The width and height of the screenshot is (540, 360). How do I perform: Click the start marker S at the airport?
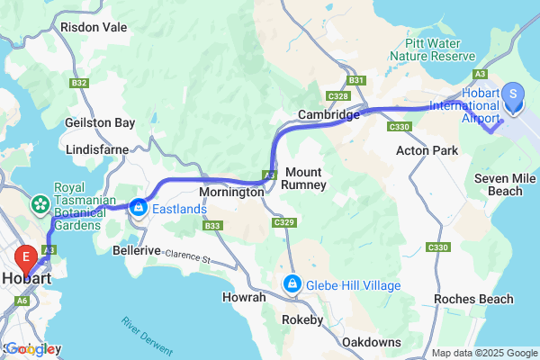pyautogui.click(x=513, y=94)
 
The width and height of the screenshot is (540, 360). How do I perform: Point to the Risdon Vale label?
pyautogui.click(x=94, y=27)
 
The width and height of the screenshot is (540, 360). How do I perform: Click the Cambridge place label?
pyautogui.click(x=329, y=115)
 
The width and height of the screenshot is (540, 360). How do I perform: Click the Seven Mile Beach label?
pyautogui.click(x=498, y=185)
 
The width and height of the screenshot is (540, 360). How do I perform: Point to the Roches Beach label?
pyautogui.click(x=472, y=299)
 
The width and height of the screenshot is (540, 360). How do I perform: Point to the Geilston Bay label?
pyautogui.click(x=100, y=122)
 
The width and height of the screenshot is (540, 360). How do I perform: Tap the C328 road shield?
pyautogui.click(x=338, y=94)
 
